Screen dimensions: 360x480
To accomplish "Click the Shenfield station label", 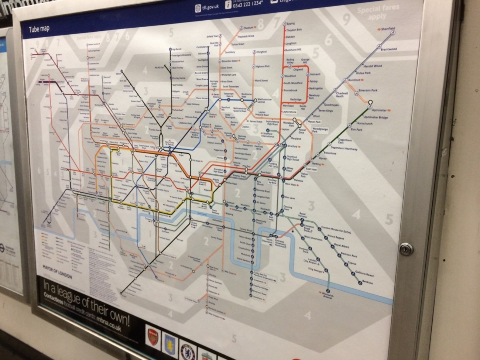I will coord(388,28).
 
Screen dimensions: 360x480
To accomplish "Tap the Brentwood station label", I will coord(388,49).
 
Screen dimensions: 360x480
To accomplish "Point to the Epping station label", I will coord(291,24).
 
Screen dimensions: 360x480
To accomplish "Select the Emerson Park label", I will coord(368,90).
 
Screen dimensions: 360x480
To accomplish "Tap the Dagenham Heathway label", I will coord(344,149).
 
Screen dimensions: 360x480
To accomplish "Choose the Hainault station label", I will coord(315,74).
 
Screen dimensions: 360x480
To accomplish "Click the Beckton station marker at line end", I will coord(360,283).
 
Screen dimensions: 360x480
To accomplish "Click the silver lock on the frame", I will coord(406,249).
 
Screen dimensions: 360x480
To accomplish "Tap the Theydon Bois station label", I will coord(294,30).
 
